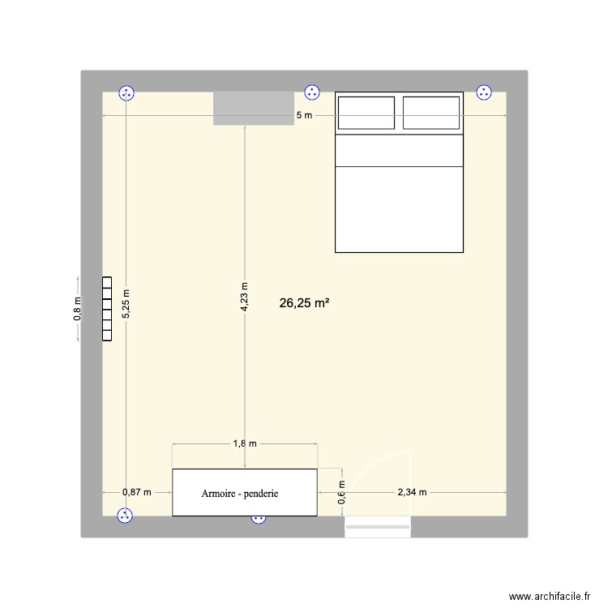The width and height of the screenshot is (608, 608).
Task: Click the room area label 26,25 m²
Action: pyautogui.click(x=304, y=303)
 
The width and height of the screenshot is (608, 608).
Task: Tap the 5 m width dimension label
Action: pyautogui.click(x=304, y=115)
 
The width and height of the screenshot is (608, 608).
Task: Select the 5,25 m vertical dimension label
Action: pyautogui.click(x=126, y=304)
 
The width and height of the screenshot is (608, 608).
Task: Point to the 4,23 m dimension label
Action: pyautogui.click(x=244, y=297)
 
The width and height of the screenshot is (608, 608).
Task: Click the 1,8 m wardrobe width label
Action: pyautogui.click(x=245, y=443)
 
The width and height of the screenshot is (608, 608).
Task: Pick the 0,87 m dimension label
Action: pyautogui.click(x=137, y=492)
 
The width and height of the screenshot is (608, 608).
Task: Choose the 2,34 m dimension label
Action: pyautogui.click(x=412, y=492)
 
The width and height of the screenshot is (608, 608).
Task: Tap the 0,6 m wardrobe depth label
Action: pyautogui.click(x=341, y=492)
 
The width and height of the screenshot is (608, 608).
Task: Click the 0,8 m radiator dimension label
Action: pyautogui.click(x=78, y=309)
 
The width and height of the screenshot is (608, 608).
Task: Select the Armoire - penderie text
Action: pyautogui.click(x=240, y=494)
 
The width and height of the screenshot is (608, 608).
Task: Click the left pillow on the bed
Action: pyautogui.click(x=366, y=113)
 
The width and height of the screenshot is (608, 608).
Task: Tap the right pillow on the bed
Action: pyautogui.click(x=431, y=113)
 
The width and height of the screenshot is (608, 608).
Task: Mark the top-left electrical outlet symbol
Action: pyautogui.click(x=126, y=93)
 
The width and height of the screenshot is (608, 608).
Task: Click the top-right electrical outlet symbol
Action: pyautogui.click(x=484, y=92)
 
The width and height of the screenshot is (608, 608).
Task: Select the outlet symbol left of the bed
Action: pyautogui.click(x=312, y=92)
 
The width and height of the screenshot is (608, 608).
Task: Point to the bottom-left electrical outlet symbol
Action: pyautogui.click(x=125, y=516)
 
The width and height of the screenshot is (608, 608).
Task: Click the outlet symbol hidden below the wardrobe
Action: pyautogui.click(x=259, y=520)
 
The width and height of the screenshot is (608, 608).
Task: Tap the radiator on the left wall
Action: pyautogui.click(x=107, y=309)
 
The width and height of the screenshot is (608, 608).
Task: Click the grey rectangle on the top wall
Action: pyautogui.click(x=254, y=108)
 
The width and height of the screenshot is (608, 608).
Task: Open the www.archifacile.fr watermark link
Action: pyautogui.click(x=550, y=597)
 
